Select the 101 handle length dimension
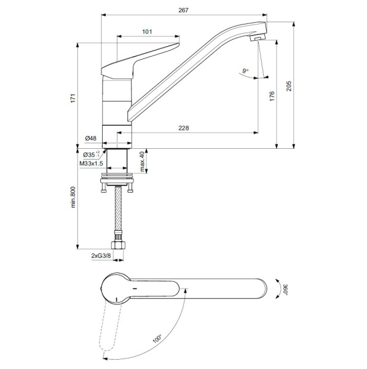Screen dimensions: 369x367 tap(147, 32)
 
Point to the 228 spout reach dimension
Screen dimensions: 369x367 tap(183, 128)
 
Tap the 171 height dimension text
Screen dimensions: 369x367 tap(73, 98)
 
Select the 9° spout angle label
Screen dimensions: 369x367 tap(246, 72)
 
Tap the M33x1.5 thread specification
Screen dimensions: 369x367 tap(91, 164)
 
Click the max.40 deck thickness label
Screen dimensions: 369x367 tap(141, 162)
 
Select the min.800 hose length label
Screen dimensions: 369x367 tap(73, 197)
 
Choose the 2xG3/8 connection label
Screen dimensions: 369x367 tap(100, 255)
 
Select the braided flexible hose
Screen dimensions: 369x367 tap(117, 212)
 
